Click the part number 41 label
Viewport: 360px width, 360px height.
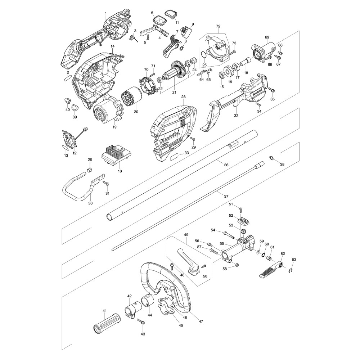tap(105, 311)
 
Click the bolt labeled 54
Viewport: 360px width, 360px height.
tap(229, 234)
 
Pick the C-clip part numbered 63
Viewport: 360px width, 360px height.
tap(291, 271)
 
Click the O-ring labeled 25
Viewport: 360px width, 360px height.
tap(203, 55)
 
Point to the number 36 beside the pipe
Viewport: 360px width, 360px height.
tap(226, 165)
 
